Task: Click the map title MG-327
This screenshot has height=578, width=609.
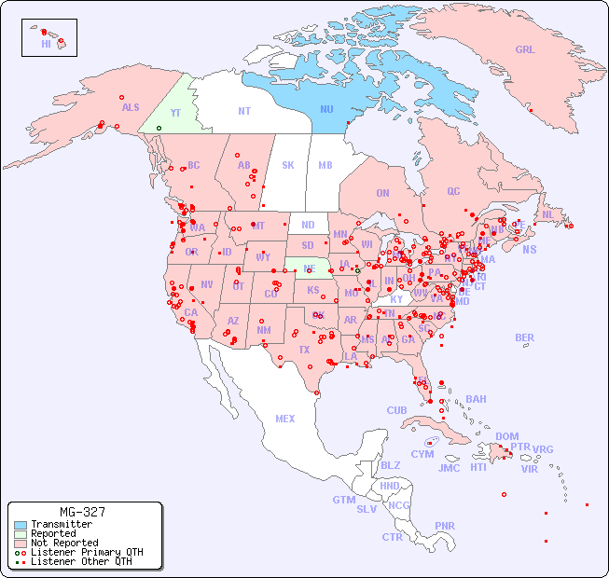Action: pyautogui.click(x=82, y=512)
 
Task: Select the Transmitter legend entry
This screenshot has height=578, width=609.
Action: pyautogui.click(x=61, y=525)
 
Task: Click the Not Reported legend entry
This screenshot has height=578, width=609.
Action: pyautogui.click(x=63, y=543)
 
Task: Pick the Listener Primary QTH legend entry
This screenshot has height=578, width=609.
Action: pyautogui.click(x=80, y=552)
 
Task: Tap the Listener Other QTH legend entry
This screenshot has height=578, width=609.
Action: pyautogui.click(x=80, y=561)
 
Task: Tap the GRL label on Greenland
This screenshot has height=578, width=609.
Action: pyautogui.click(x=525, y=50)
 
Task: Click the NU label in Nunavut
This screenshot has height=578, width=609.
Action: pyautogui.click(x=326, y=110)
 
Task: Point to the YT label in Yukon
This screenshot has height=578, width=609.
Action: pyautogui.click(x=174, y=113)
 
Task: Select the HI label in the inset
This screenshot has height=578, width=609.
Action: pyautogui.click(x=46, y=44)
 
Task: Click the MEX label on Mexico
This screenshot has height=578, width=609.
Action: pyautogui.click(x=284, y=419)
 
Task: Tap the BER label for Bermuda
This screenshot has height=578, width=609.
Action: pyautogui.click(x=524, y=337)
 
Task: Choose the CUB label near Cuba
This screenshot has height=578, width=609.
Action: pyautogui.click(x=396, y=410)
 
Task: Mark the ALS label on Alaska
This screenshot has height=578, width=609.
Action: pyautogui.click(x=131, y=108)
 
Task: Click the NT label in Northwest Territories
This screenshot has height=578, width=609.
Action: pyautogui.click(x=243, y=111)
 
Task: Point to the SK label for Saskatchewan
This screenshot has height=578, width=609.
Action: pyautogui.click(x=288, y=165)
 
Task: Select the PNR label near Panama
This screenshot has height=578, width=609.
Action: pyautogui.click(x=445, y=526)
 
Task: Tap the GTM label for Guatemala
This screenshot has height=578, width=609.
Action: pyautogui.click(x=343, y=500)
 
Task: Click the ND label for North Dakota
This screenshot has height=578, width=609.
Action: pyautogui.click(x=308, y=225)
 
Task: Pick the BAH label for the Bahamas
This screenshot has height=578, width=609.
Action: pyautogui.click(x=476, y=399)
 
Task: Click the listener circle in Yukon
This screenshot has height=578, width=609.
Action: pyautogui.click(x=159, y=128)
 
